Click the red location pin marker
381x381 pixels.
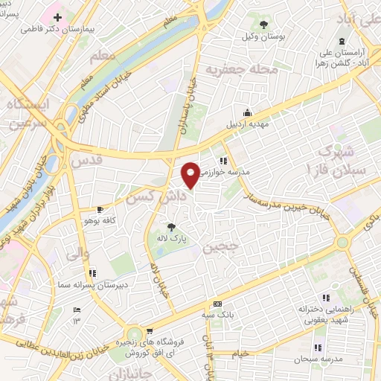click(x=191, y=175)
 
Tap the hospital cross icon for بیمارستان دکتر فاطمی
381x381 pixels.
click(x=57, y=16)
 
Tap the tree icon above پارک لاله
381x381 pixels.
click(x=173, y=226)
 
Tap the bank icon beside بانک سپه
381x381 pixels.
click(x=217, y=304)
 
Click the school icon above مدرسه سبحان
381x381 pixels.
click(x=318, y=348)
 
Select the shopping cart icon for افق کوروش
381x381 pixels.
click(x=150, y=331)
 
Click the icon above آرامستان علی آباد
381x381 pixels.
click(x=342, y=42)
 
